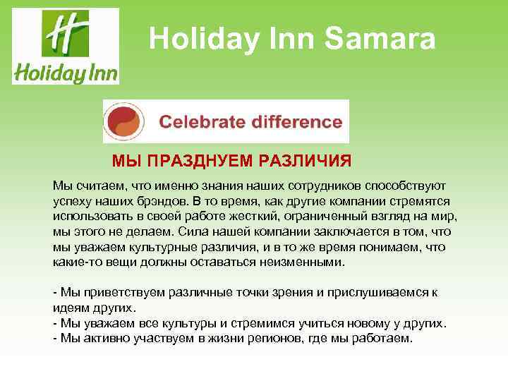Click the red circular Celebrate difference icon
click(x=125, y=121)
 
